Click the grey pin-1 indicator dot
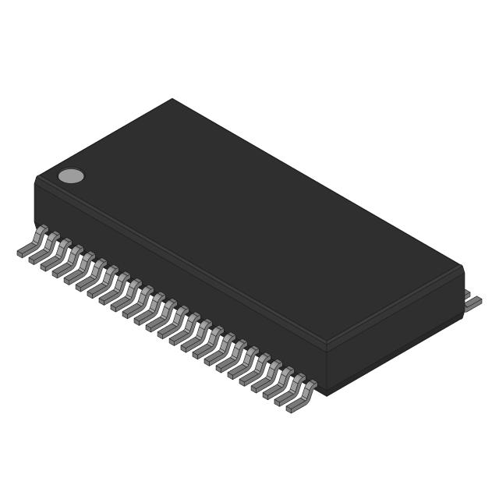tap(71, 175)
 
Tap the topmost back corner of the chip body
tap(172, 100)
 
